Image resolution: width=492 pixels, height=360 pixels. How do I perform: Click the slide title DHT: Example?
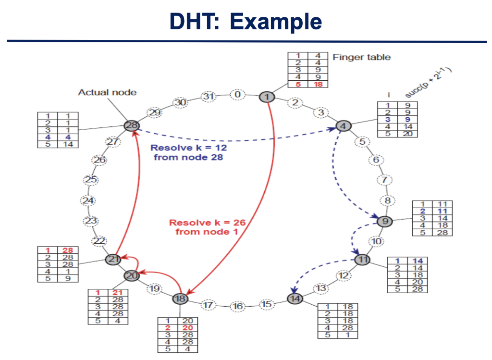point(246,21)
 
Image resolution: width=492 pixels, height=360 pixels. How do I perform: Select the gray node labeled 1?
point(266,97)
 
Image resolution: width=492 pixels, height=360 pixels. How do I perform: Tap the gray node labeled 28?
point(131,125)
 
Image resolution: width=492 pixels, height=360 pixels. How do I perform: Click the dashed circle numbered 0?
point(237,95)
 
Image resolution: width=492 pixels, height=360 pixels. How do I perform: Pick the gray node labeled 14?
point(295,299)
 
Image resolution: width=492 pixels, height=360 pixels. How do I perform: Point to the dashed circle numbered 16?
point(238,306)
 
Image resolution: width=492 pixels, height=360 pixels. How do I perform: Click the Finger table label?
point(361,57)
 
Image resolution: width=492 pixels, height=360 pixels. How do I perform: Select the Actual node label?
point(107,92)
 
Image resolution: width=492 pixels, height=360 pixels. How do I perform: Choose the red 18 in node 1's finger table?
point(317,85)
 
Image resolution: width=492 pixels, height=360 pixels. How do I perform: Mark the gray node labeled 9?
point(384,221)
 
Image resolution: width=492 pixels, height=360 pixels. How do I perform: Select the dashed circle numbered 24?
point(88,200)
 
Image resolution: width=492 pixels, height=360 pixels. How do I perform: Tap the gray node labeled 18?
point(181,298)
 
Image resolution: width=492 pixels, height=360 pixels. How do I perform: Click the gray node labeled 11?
point(363,260)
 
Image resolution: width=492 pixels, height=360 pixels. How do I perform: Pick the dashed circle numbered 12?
point(342,276)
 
